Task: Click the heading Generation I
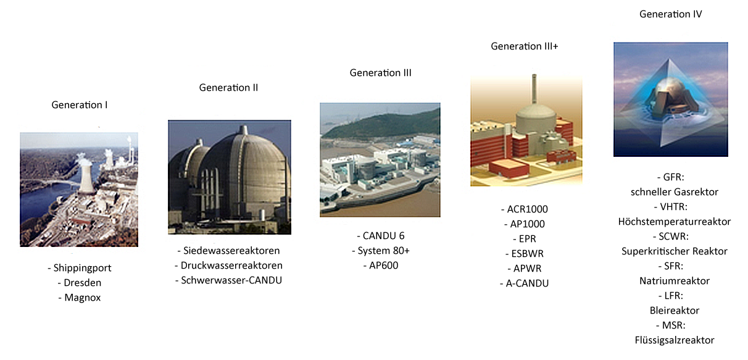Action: pos(80,105)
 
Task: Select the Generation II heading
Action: pos(228,88)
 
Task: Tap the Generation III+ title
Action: pos(524,46)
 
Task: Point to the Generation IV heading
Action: pos(670,14)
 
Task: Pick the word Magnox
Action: pos(83,298)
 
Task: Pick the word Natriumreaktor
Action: pos(675,281)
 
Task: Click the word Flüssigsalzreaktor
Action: pos(675,340)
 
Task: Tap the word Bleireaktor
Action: pos(675,311)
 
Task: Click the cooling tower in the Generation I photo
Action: pos(86,176)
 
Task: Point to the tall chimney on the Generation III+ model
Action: pos(534,89)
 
